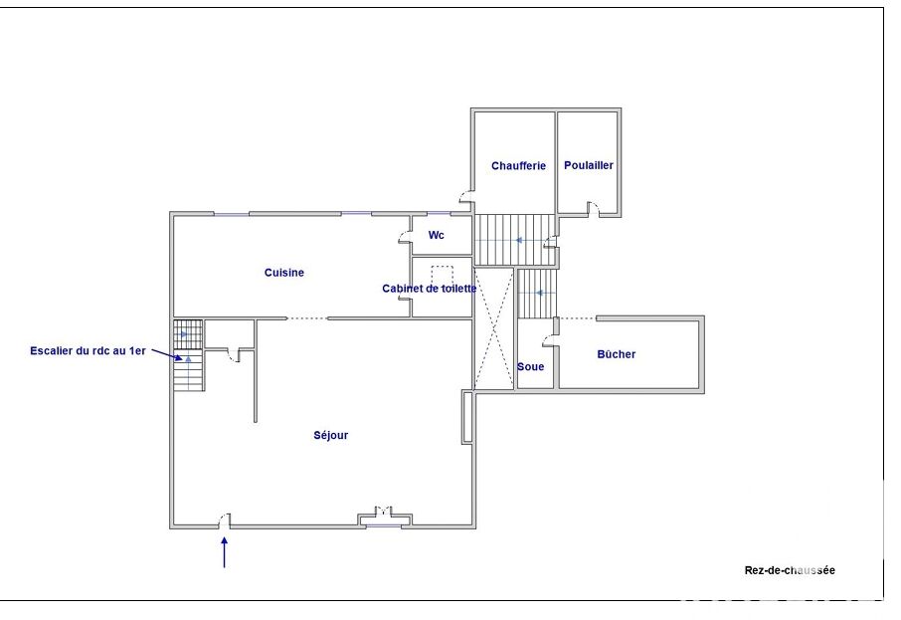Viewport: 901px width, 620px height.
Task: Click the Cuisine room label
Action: [283, 273]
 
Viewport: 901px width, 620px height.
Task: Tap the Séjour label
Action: [331, 435]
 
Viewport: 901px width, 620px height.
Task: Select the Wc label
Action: [437, 235]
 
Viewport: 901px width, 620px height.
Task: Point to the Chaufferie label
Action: [518, 165]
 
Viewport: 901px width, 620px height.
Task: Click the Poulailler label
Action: [589, 165]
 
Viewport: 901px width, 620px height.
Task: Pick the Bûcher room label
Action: [616, 354]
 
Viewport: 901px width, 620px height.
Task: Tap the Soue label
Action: [530, 367]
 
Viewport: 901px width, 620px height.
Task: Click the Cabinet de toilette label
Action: [430, 289]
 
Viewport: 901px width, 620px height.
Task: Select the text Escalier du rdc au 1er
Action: [88, 350]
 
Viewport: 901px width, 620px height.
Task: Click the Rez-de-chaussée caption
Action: [790, 570]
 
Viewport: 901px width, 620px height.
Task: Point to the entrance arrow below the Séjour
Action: [224, 552]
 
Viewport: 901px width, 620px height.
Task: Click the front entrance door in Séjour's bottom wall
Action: [225, 520]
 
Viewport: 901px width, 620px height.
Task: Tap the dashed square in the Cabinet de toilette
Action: [443, 276]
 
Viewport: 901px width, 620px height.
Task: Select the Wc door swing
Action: [405, 237]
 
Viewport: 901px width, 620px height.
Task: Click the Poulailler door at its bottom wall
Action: [593, 209]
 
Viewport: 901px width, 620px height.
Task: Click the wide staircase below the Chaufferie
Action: [515, 240]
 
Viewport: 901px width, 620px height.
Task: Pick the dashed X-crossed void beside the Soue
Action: [493, 328]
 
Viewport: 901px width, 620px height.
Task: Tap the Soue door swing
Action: [549, 340]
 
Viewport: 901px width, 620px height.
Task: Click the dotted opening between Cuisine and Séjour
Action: [307, 318]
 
